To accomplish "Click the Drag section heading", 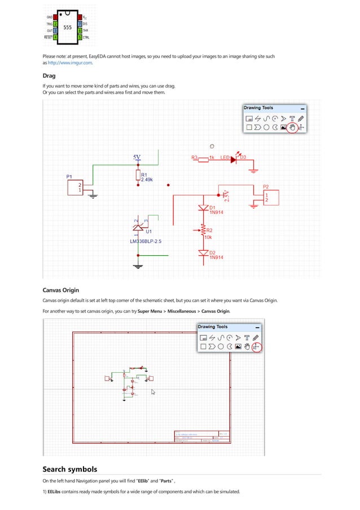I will pos(49,76).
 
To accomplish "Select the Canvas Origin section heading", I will pos(60,290).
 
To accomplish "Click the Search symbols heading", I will pos(69,469).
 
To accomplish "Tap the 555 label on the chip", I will pos(67,27).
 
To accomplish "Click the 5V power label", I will pos(137,156).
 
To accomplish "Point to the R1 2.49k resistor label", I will pos(147,177).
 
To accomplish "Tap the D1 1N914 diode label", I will pos(217,210).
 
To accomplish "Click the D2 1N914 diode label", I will pos(217,255).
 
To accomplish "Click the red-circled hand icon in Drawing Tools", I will pos(292,128).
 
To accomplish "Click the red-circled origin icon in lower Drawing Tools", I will pos(257,346).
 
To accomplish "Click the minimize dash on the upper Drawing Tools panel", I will pos(303,108).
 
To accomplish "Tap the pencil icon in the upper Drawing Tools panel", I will pos(301,119).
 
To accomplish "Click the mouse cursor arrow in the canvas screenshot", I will pos(153,391).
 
